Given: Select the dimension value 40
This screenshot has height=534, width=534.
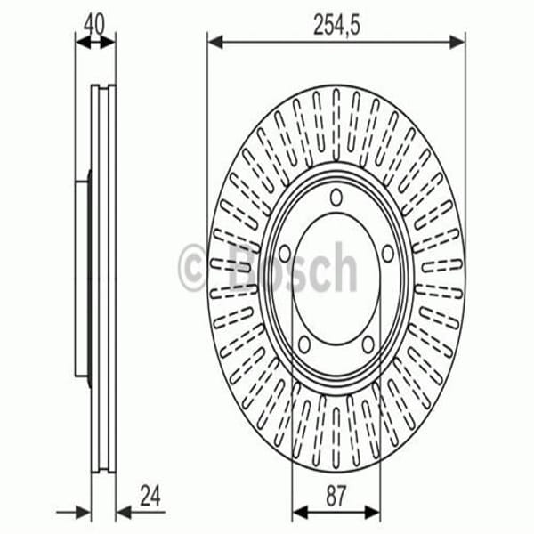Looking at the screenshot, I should pyautogui.click(x=94, y=22).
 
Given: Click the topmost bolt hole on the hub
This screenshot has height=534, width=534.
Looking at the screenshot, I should pyautogui.click(x=336, y=198).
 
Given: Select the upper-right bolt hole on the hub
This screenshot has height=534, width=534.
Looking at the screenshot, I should pyautogui.click(x=387, y=253).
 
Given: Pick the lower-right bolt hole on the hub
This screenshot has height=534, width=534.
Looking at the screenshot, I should pyautogui.click(x=368, y=343).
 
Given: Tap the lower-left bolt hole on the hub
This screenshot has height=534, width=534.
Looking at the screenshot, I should pyautogui.click(x=303, y=343).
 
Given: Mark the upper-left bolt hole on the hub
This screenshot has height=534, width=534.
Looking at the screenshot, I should pyautogui.click(x=284, y=253).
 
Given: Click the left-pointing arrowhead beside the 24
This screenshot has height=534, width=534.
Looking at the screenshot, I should pyautogui.click(x=123, y=512).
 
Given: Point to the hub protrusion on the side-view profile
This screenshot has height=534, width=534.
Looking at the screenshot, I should pyautogui.click(x=82, y=276).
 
